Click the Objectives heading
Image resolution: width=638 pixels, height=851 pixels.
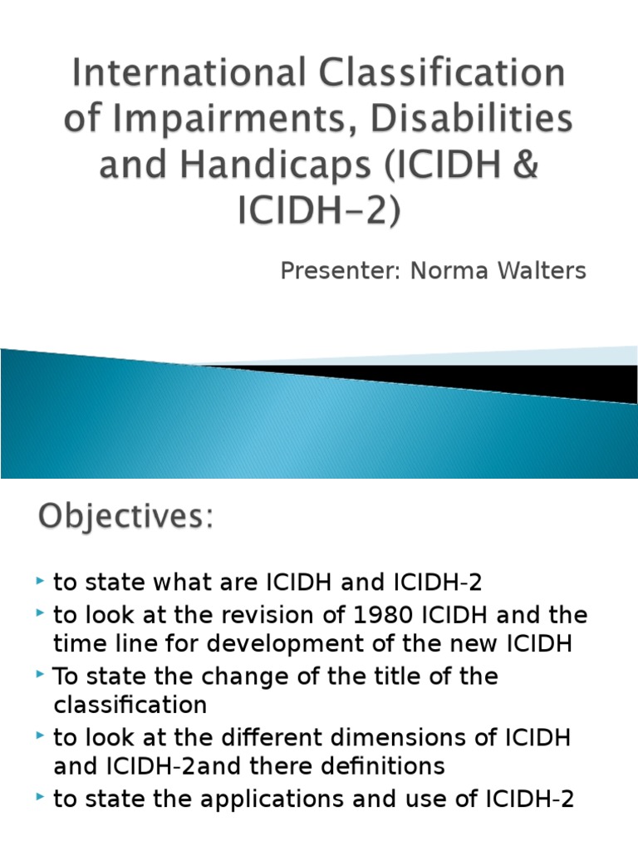(125, 519)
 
